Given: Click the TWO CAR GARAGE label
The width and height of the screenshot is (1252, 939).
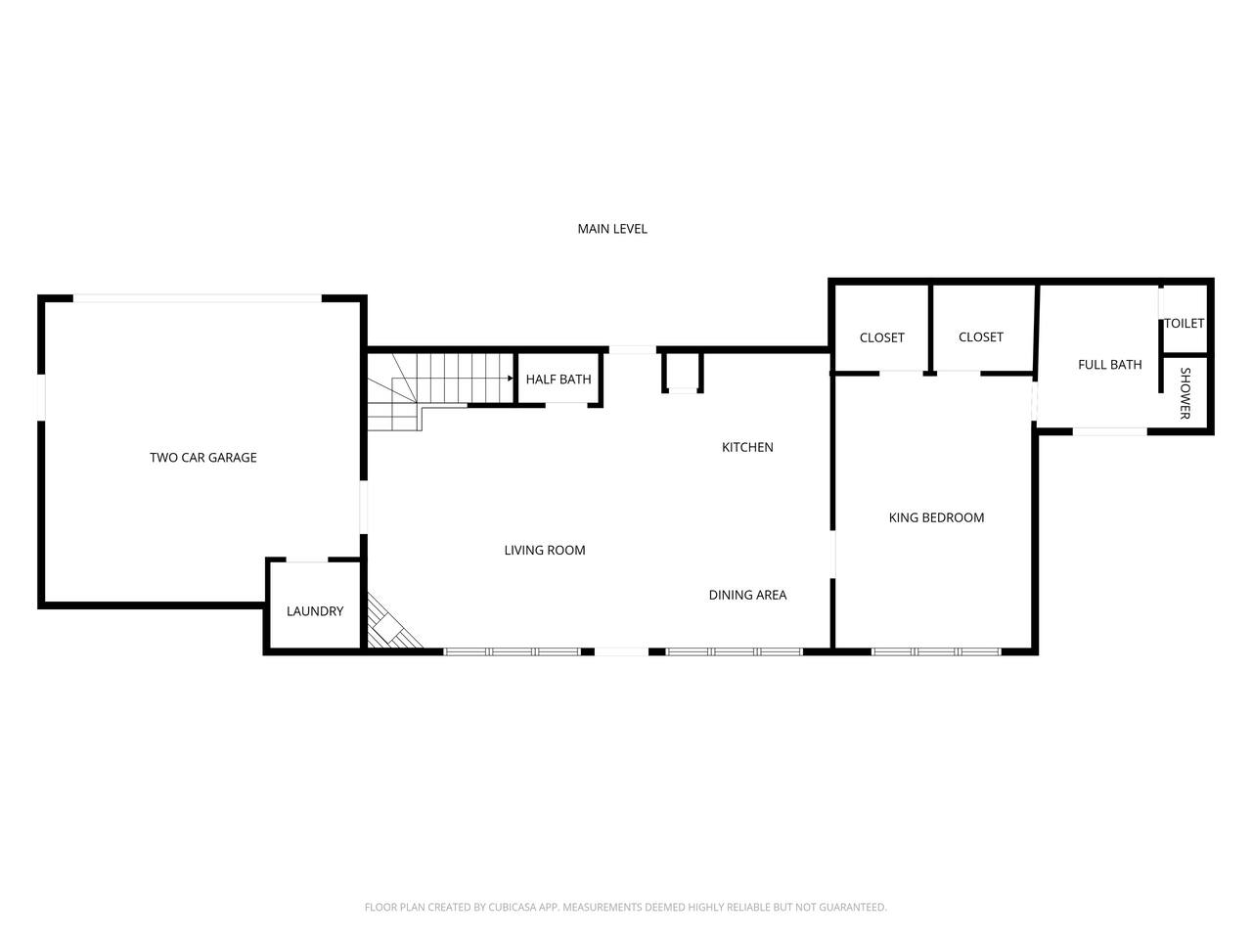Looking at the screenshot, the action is [203, 457].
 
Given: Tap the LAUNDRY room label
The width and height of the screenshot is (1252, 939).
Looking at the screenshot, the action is [315, 611].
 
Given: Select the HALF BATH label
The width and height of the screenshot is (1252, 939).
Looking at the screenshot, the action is [559, 380].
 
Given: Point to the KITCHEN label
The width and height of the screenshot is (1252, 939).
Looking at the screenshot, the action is [747, 447].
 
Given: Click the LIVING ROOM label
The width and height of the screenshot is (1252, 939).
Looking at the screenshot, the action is [545, 550].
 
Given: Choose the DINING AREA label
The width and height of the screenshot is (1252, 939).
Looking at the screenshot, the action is [747, 595].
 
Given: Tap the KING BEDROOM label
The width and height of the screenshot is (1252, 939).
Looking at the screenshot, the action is [936, 517].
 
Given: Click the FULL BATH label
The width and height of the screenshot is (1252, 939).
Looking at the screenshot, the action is [1109, 364].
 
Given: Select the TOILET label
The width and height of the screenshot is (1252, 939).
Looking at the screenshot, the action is [1184, 323].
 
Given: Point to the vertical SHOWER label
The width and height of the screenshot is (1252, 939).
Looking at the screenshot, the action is [1185, 393].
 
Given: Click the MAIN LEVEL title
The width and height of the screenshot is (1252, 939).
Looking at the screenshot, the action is [612, 229].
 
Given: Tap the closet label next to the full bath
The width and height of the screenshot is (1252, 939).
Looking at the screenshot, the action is [980, 336].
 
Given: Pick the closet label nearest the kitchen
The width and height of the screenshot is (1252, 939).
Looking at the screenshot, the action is [882, 337].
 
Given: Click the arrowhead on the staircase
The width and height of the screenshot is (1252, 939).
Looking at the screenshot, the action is [511, 378].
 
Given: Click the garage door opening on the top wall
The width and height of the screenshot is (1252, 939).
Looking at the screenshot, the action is [198, 298].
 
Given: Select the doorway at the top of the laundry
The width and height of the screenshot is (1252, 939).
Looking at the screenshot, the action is [307, 559].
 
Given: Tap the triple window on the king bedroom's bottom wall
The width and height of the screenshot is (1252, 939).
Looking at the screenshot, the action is [936, 651].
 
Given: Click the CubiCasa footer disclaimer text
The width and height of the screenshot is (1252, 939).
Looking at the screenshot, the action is [626, 907].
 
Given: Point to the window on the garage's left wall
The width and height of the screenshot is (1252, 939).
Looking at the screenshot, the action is [41, 397].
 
